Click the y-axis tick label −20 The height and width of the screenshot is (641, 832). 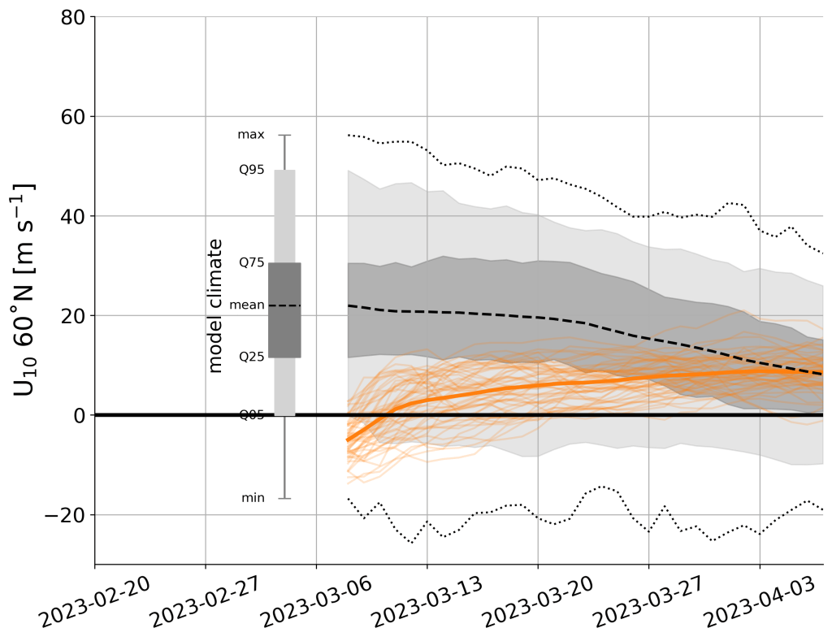pos(65,515)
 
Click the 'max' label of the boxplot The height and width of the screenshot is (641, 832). pos(250,135)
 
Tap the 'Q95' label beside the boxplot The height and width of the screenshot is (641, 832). pos(250,171)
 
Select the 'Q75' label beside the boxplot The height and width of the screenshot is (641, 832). pos(250,263)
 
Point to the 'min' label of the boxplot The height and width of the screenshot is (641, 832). pos(253,498)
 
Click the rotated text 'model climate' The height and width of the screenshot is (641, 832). pos(215,305)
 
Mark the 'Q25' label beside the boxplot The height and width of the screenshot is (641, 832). pos(250,357)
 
